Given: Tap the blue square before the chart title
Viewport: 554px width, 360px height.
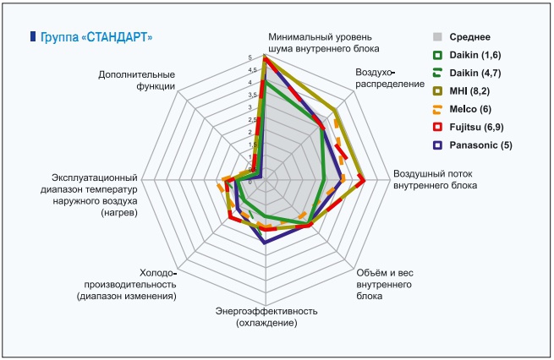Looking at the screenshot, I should coord(32,37).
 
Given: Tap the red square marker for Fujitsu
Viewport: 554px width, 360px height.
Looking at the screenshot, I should coord(437,128).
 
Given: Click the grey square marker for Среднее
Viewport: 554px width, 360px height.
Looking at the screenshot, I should coord(437,37).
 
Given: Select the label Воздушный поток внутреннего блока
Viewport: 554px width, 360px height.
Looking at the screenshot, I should coord(434,179).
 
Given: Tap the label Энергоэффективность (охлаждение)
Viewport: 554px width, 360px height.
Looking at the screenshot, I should coord(266,317).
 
